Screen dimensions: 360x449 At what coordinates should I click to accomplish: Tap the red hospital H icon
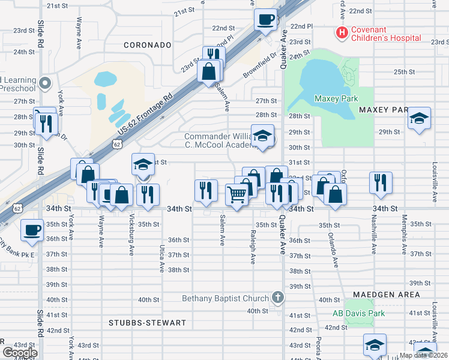342,32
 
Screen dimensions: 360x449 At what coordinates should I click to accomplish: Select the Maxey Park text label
336,98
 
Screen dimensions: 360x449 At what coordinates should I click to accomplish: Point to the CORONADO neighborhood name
148,45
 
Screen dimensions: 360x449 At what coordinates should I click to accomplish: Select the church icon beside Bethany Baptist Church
277,296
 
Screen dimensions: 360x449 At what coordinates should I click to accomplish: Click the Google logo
20,353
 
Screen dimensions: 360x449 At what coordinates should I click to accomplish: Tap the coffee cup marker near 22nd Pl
265,19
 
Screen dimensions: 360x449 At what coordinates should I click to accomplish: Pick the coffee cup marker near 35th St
32,229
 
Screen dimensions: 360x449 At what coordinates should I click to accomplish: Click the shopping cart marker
237,194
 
